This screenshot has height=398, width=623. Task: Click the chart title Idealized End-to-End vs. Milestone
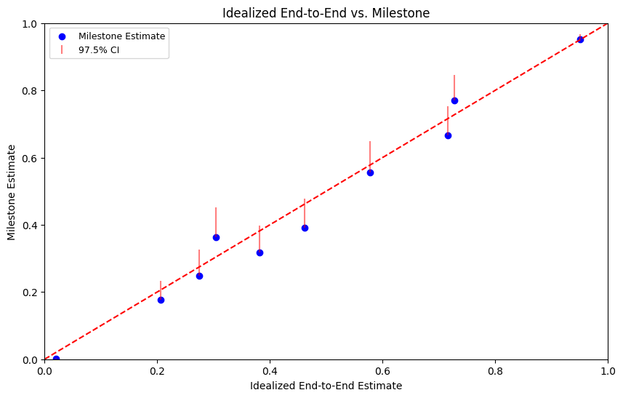(x=326, y=13)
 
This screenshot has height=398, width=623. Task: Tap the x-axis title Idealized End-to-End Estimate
(x=326, y=386)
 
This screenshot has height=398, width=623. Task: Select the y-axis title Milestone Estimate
(x=11, y=192)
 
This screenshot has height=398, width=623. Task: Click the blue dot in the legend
(x=62, y=36)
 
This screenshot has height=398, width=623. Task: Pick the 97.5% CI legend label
(x=99, y=50)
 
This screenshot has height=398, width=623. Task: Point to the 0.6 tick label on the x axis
(x=382, y=371)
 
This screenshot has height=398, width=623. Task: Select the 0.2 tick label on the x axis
(x=157, y=371)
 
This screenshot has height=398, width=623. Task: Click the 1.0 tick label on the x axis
(x=608, y=371)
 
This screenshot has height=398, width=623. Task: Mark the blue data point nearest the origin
(x=57, y=359)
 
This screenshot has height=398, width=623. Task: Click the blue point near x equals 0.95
(x=580, y=40)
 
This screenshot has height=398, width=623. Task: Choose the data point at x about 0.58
(x=370, y=173)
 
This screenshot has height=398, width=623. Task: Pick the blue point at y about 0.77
(x=454, y=101)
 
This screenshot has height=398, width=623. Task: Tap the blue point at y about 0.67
(x=448, y=135)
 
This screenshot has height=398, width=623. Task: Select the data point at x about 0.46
(x=305, y=228)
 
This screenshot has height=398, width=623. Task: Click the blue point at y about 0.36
(x=216, y=238)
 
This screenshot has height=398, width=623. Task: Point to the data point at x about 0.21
(x=161, y=301)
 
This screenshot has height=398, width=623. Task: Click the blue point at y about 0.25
(x=199, y=276)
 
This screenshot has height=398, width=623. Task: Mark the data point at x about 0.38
(x=260, y=253)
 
